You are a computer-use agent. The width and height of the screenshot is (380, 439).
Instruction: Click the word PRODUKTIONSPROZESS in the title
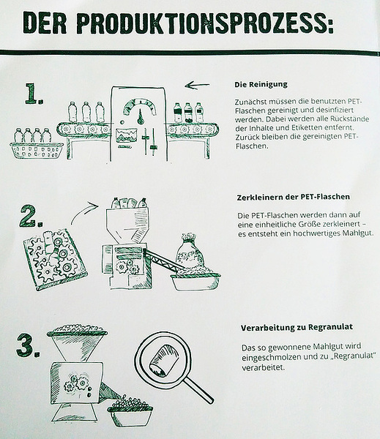pos(205,23)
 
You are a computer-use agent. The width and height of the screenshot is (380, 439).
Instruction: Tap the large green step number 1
pos(34,94)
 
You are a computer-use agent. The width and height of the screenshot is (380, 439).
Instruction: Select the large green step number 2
pos(31,216)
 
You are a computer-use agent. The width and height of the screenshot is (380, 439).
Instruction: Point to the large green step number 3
pos(28,345)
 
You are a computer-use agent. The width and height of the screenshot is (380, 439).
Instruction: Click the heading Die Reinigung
pos(261,85)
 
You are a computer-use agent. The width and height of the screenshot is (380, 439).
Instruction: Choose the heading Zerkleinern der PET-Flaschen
pos(294,197)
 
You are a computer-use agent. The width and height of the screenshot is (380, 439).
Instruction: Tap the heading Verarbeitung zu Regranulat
pos(297,327)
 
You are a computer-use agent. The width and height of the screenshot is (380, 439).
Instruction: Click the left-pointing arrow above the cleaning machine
pos(197,85)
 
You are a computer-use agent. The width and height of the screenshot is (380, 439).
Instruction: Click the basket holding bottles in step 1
pos(37,151)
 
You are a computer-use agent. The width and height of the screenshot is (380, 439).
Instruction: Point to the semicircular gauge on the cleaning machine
pos(139,106)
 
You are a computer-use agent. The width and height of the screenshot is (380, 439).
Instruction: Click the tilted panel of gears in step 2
pos(55,259)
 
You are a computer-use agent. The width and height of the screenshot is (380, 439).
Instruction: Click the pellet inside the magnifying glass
pos(164,360)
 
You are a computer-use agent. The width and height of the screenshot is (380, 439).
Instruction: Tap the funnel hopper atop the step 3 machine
pos(77,343)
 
